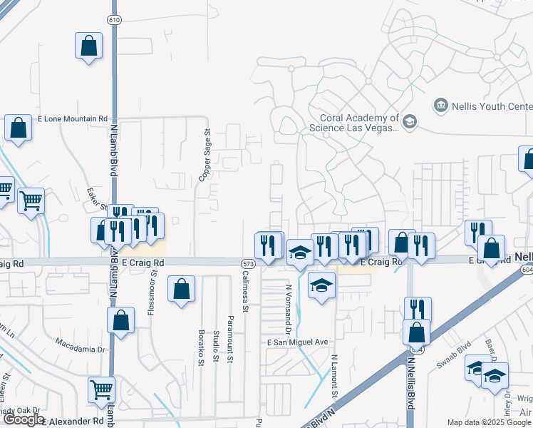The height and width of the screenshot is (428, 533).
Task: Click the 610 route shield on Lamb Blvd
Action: tap(115, 19)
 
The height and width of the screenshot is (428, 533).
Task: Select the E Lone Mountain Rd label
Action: tap(72, 119)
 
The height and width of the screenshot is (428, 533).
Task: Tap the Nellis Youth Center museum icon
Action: tap(440, 106)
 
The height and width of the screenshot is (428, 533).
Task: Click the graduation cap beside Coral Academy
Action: tap(410, 123)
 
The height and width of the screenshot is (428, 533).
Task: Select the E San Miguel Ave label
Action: tap(297, 342)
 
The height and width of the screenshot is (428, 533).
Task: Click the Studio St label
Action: tap(215, 345)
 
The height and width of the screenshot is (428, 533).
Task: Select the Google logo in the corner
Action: tap(23, 419)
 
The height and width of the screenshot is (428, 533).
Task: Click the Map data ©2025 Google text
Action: tap(488, 422)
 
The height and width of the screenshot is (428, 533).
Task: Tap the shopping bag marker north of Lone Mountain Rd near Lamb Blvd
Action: tap(88, 46)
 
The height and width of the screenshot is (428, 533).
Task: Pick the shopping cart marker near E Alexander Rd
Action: tap(102, 390)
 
